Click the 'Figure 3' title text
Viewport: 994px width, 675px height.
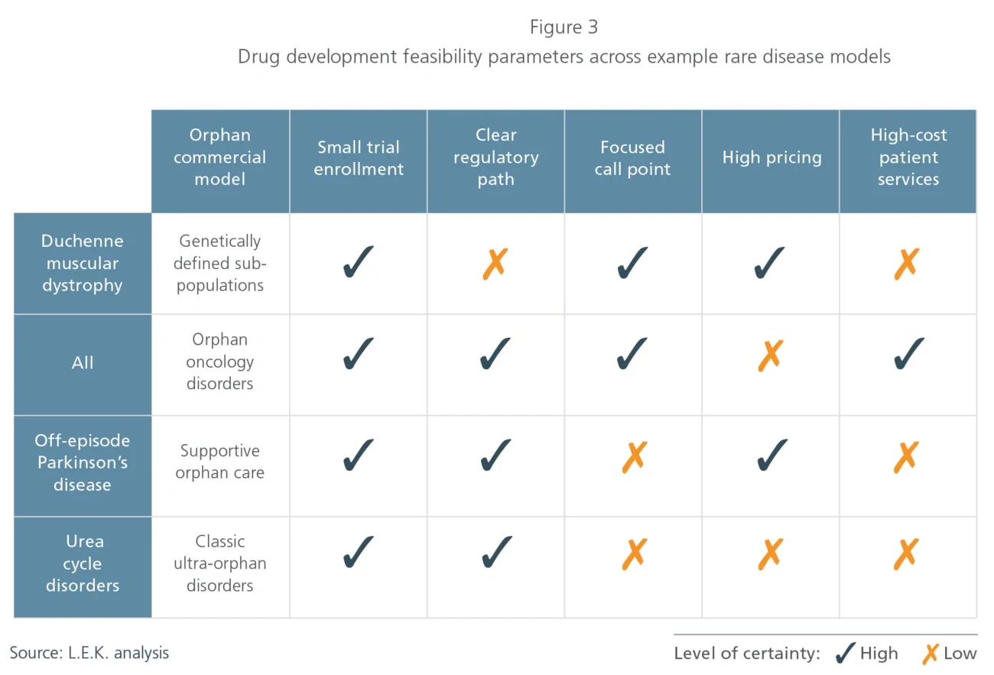pos(564,28)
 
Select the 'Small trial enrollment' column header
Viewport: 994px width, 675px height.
pos(358,158)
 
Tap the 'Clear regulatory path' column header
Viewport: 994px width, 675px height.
pos(495,157)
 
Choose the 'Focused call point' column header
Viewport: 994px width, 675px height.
pos(632,158)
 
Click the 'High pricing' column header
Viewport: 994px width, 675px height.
pos(771,158)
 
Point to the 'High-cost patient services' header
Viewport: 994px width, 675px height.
pos(908,157)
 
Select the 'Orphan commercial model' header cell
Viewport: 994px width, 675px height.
pos(220,157)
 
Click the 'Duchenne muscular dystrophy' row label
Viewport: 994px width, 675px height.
pos(83,263)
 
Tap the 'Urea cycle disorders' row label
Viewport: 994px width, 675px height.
pos(83,563)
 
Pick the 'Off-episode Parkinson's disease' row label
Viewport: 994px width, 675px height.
pos(83,462)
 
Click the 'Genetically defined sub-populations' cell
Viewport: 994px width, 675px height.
pos(220,263)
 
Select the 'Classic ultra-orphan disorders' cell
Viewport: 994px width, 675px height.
pos(220,563)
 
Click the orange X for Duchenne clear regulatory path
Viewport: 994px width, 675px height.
pos(495,263)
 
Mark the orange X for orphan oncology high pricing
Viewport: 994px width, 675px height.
pos(770,355)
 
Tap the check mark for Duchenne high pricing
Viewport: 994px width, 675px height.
pos(770,262)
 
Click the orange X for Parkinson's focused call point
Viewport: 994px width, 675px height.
pos(634,456)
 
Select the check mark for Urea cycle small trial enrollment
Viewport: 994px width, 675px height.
pos(358,553)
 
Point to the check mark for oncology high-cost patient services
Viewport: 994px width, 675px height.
pos(908,354)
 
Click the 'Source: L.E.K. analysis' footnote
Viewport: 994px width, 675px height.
pos(89,653)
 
